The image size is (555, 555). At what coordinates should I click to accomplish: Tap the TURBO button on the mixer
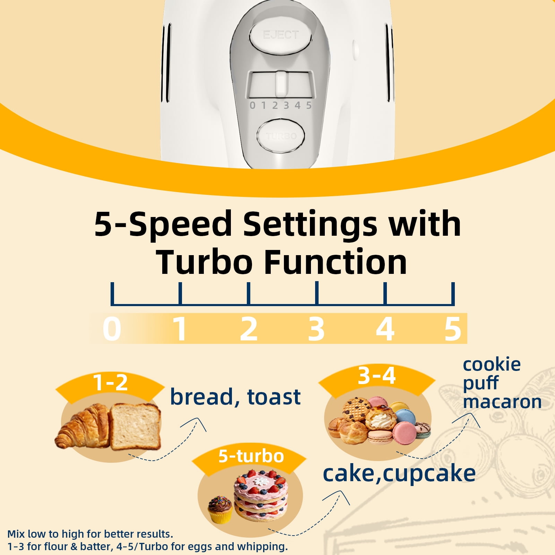(x=281, y=136)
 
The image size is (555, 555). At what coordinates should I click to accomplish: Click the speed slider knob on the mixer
(x=281, y=84)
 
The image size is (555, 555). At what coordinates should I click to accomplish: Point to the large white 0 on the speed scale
(x=112, y=328)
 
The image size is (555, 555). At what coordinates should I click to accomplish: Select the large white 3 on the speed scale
(x=316, y=328)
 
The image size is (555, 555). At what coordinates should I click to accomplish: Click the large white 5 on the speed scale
(x=453, y=328)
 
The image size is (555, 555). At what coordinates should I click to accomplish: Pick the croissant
(x=83, y=427)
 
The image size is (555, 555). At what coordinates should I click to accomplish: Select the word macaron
(x=502, y=402)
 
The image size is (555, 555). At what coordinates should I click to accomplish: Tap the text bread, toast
(x=235, y=397)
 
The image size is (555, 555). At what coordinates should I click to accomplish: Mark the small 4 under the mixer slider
(x=297, y=105)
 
